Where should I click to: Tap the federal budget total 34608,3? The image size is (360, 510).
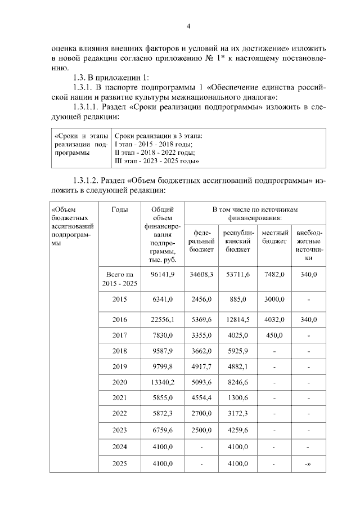pos(201,274)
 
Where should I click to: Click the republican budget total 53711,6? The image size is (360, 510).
pos(238,274)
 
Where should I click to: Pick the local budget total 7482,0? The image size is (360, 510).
pos(275,274)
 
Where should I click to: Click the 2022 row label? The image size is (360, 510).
pos(119,413)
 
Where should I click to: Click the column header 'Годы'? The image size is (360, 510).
pos(119,210)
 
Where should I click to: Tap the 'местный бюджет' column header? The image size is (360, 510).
pos(275,236)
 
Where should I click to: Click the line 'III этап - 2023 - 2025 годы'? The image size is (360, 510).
pos(158,161)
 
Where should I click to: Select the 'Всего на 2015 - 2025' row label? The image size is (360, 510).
pos(119,279)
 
